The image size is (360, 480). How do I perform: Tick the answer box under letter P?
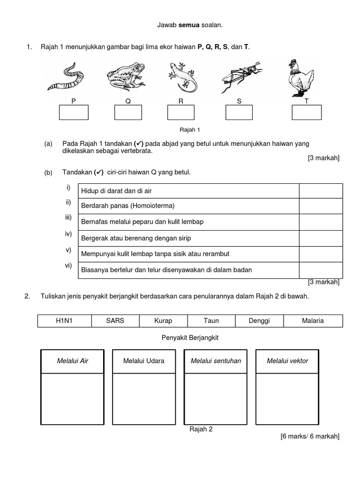click(74, 112)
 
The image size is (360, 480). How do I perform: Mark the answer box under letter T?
click(307, 112)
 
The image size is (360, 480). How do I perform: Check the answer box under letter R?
click(181, 112)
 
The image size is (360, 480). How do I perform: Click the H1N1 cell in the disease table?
click(64, 321)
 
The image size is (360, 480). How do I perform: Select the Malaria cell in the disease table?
click(313, 321)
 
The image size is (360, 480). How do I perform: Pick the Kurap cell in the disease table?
click(163, 321)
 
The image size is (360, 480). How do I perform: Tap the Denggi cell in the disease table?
click(259, 321)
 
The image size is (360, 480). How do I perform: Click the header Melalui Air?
click(73, 361)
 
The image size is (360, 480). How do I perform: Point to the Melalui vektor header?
click(287, 361)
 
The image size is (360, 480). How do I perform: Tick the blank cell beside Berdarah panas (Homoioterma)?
click(321, 206)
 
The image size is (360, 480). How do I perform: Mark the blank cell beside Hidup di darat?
click(321, 191)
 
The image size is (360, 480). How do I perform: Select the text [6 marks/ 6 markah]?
click(310, 436)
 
